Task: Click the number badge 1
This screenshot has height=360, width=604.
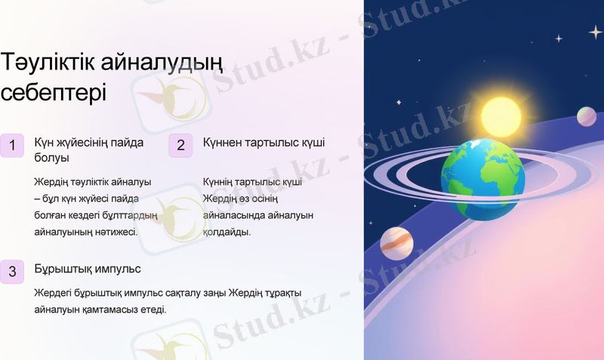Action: click(x=12, y=145)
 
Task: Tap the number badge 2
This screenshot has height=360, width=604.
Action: click(x=180, y=145)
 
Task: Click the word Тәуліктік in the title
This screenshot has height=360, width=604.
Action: click(x=49, y=62)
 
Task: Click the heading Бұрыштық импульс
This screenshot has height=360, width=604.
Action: click(x=88, y=269)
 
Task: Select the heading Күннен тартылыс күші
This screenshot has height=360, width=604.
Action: click(x=264, y=142)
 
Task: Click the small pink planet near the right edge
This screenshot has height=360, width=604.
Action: click(x=587, y=116)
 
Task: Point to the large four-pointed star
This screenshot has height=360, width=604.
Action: click(x=596, y=32)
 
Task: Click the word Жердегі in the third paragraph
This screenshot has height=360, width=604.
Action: click(x=53, y=292)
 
